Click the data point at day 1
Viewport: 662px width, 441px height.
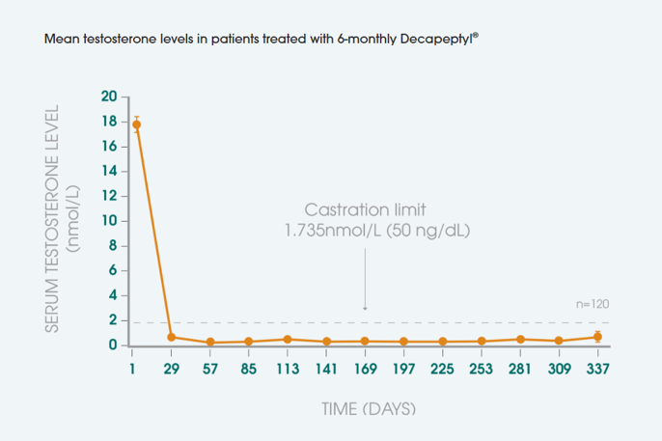[x=136, y=124]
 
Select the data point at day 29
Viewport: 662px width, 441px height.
[x=172, y=337]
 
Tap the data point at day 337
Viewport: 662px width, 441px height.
[x=597, y=337]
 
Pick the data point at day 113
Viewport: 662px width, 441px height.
[x=288, y=339]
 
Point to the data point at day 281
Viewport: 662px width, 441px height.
[x=520, y=339]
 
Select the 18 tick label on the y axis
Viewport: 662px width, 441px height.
[x=109, y=122]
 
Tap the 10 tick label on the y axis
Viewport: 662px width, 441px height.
[x=109, y=221]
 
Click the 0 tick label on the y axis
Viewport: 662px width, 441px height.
[x=113, y=345]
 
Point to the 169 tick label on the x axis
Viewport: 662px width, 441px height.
[x=365, y=369]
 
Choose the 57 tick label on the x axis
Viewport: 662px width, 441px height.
[x=210, y=369]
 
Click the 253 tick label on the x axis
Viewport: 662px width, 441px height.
[x=482, y=369]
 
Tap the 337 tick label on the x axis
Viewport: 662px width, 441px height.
[x=597, y=369]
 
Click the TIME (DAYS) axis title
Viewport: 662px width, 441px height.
[x=368, y=409]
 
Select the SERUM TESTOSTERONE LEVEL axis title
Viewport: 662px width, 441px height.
[x=53, y=219]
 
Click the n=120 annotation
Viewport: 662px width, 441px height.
[x=593, y=304]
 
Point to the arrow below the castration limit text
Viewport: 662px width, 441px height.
[x=365, y=280]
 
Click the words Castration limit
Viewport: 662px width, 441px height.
[x=365, y=209]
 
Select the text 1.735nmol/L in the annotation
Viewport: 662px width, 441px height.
[x=323, y=232]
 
